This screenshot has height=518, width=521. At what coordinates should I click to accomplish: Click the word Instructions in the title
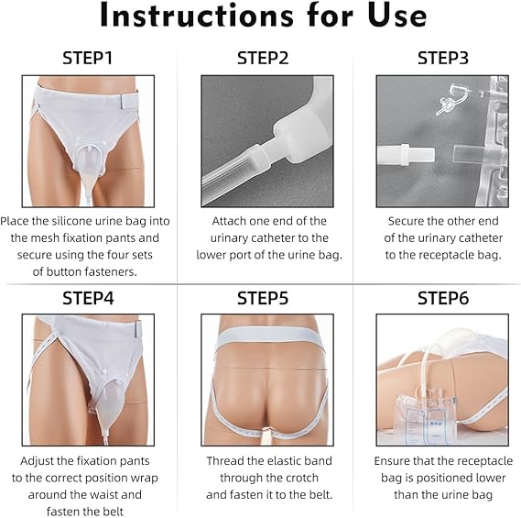[196, 16]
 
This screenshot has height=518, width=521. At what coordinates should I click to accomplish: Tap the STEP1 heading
[87, 58]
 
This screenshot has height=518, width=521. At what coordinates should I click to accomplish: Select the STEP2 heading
[263, 58]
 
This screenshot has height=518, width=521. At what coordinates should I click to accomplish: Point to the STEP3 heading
[443, 58]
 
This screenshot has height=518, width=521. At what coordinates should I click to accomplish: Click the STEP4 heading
[88, 298]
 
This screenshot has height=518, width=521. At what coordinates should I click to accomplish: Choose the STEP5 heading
[263, 298]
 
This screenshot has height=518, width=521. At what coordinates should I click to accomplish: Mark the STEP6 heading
[443, 298]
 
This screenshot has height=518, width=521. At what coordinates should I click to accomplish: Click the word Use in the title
[397, 16]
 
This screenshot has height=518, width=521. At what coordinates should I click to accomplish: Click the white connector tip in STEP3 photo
[406, 155]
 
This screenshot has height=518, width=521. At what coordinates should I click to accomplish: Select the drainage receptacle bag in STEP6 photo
[426, 416]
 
